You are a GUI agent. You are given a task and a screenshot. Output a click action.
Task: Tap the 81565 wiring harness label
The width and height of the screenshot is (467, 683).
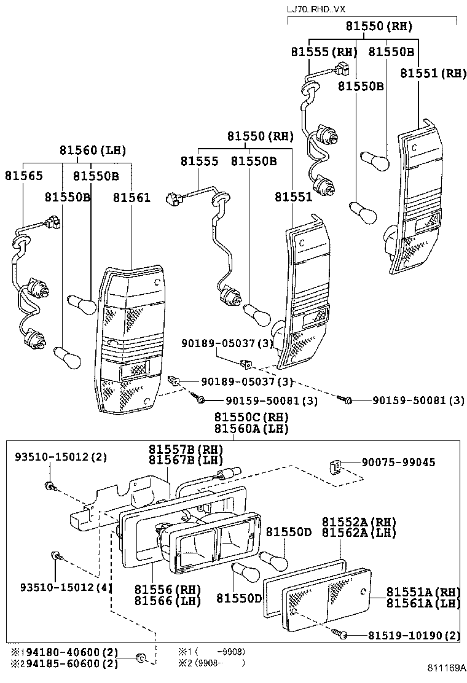point(24,176)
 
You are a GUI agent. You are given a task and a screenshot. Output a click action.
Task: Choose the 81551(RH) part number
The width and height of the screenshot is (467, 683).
point(433,72)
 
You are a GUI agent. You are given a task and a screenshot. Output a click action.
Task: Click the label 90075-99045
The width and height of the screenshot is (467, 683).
point(398,462)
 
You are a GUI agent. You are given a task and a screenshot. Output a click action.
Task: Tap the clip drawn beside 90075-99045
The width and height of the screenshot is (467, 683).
point(336,469)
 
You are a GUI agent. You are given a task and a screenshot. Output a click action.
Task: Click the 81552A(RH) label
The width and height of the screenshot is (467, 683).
point(359,521)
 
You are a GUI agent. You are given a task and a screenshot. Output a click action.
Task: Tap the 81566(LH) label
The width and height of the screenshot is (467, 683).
point(168,601)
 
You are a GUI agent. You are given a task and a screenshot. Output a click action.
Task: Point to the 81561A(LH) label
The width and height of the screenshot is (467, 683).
point(423,603)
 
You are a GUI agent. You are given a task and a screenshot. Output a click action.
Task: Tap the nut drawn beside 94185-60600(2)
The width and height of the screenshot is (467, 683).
point(139,659)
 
